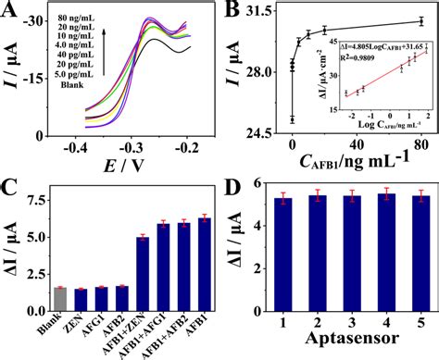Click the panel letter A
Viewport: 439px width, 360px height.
tap(12, 13)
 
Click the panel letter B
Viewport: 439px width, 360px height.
tap(231, 12)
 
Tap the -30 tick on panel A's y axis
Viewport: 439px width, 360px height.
tap(44, 19)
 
